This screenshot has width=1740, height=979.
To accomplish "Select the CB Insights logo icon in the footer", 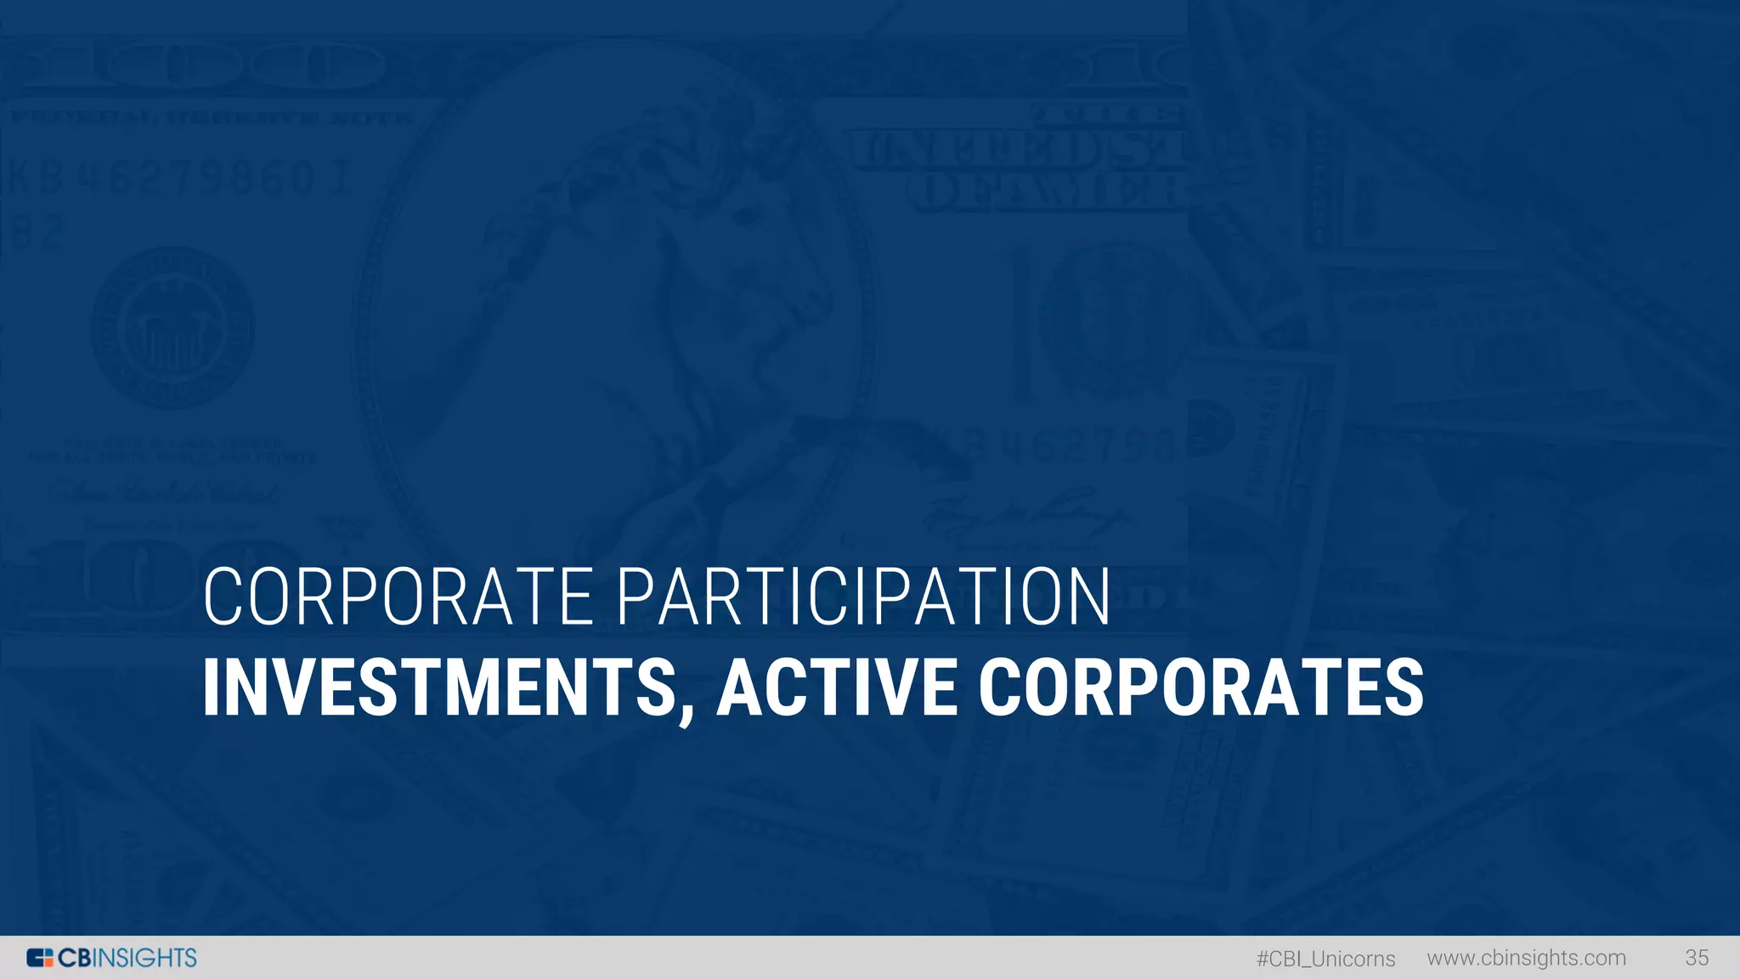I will (x=40, y=958).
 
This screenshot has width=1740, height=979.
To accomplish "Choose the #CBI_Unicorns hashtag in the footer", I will (x=1325, y=959).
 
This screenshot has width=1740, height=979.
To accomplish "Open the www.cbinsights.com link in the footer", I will (x=1526, y=958).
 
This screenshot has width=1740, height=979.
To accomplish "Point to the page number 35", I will (x=1697, y=958).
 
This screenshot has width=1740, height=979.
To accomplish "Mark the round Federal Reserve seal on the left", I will (x=172, y=328).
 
